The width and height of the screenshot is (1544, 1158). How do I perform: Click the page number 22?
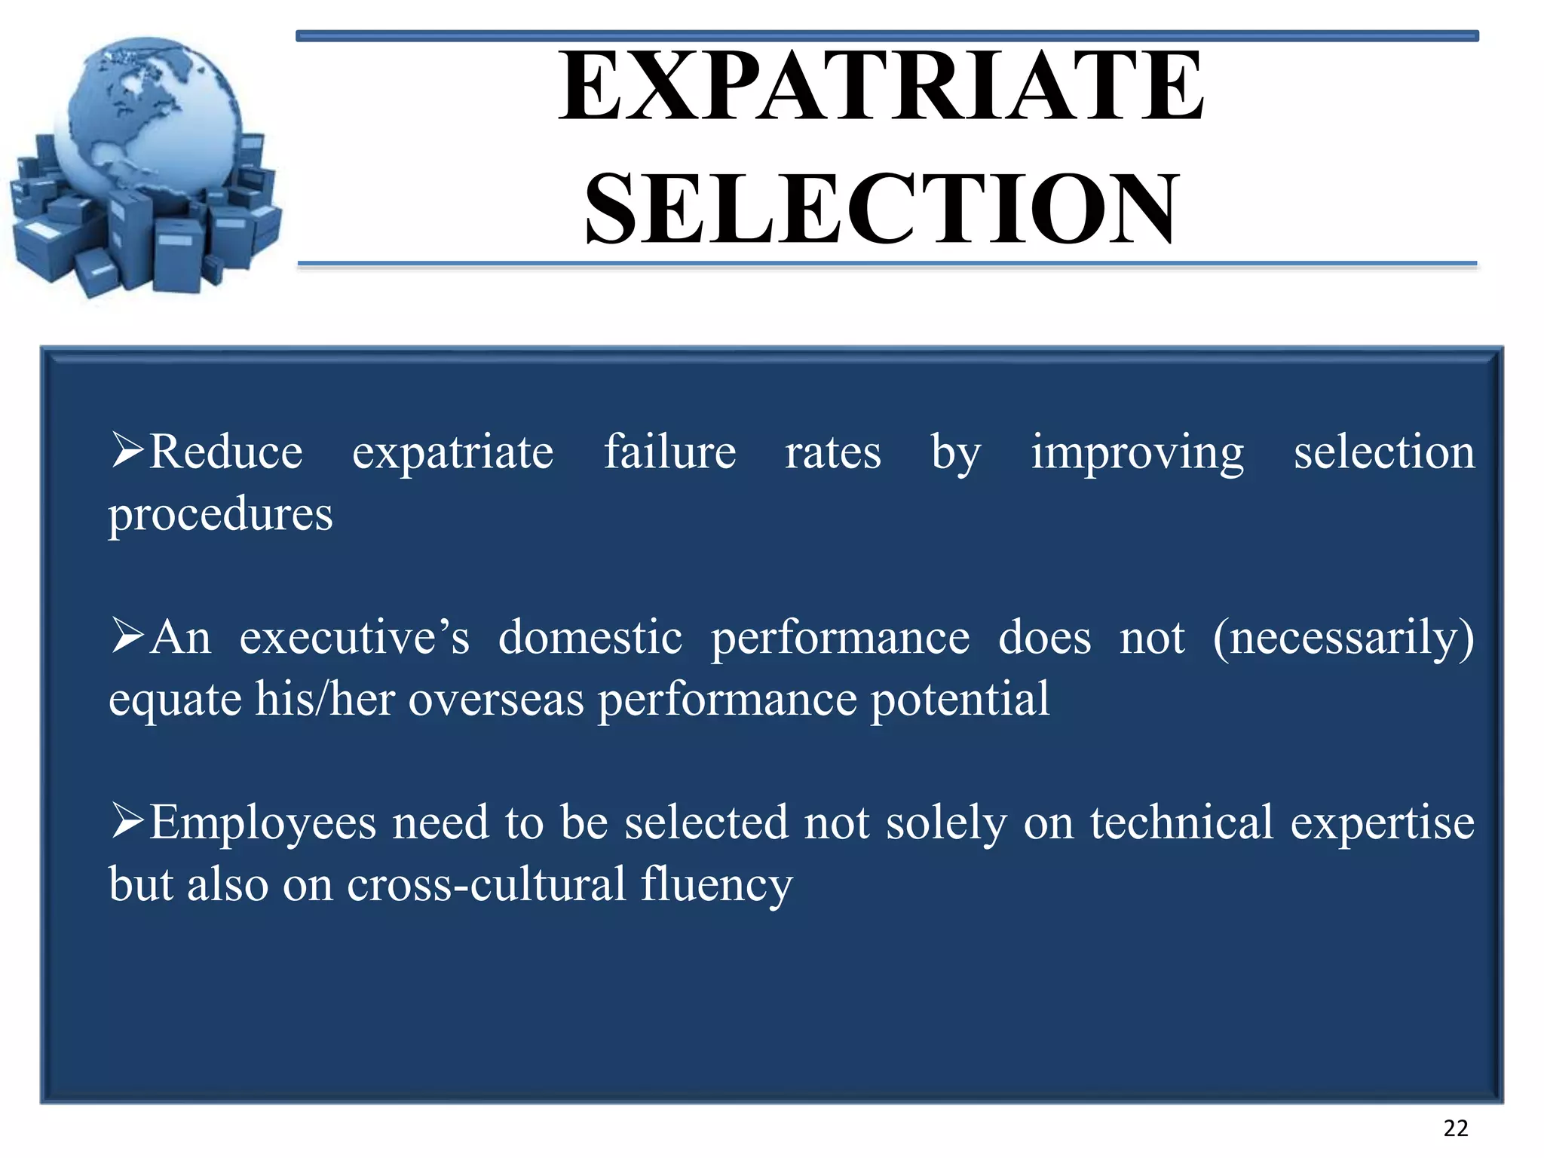(x=1455, y=1129)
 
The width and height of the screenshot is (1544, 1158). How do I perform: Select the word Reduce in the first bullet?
(x=225, y=452)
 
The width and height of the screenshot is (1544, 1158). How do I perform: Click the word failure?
(x=669, y=452)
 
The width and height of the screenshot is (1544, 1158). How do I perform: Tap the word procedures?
(x=220, y=516)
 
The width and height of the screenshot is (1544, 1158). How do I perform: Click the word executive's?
(x=354, y=638)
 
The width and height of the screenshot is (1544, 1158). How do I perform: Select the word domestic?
(x=590, y=638)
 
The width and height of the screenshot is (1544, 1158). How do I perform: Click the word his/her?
(x=325, y=699)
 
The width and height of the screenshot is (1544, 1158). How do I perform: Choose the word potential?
(x=960, y=699)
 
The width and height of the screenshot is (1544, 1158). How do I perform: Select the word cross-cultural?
(x=486, y=884)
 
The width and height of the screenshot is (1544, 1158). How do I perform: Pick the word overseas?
(x=496, y=699)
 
